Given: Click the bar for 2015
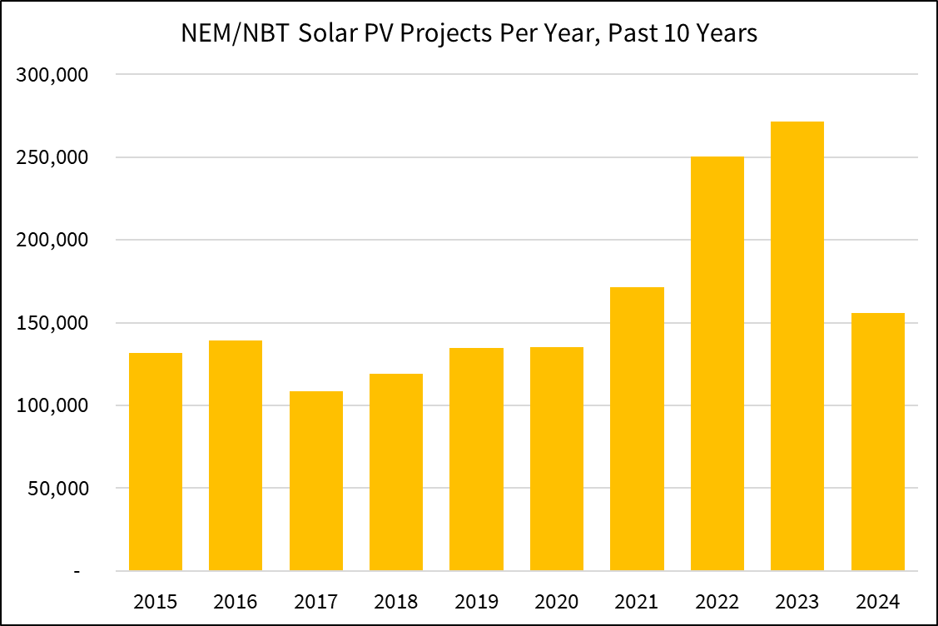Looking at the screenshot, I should (156, 462).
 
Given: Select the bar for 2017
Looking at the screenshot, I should (316, 480).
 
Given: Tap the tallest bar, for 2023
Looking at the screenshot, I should (797, 346).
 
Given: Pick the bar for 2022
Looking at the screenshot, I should (717, 364).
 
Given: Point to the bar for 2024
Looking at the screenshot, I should (877, 442).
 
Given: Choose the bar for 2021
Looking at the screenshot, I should (637, 429).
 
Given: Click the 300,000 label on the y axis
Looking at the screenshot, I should (52, 75).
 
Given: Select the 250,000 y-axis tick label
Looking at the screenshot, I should (52, 157).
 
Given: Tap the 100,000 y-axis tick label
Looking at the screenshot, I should (52, 405).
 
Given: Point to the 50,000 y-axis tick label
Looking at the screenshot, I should (57, 489).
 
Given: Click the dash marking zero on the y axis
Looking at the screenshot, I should (77, 572).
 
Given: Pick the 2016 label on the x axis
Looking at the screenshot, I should (236, 601).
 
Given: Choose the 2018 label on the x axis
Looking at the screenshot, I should (396, 601).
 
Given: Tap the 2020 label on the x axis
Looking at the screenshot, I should (556, 601).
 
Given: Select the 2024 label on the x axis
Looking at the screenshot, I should (877, 601).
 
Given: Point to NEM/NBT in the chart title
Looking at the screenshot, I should (221, 35).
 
